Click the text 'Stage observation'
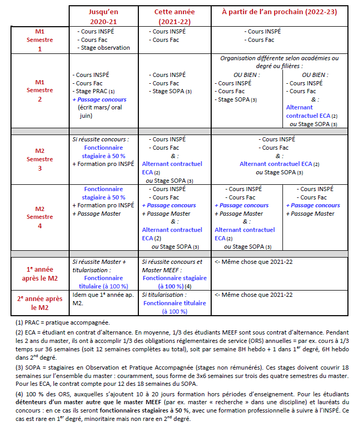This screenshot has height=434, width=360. click(105, 48)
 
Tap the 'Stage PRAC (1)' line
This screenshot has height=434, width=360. click(95, 91)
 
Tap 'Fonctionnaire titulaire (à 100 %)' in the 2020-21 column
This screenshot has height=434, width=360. click(103, 282)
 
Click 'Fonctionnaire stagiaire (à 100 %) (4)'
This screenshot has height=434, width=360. click(174, 282)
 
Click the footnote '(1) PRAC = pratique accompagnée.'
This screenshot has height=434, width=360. click(63, 322)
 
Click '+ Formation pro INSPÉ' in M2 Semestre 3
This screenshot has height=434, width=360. click(103, 164)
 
